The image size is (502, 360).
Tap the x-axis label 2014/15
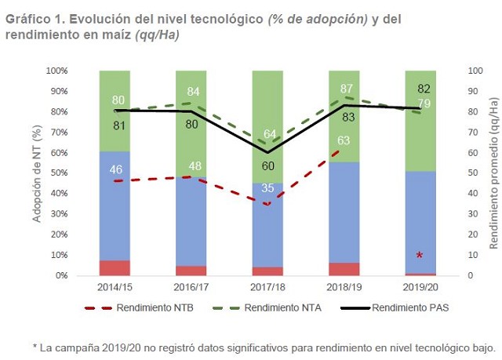pyautogui.click(x=115, y=288)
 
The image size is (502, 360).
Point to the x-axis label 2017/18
pyautogui.click(x=267, y=288)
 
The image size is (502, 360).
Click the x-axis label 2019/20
pyautogui.click(x=420, y=288)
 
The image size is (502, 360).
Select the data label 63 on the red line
pyautogui.click(x=344, y=141)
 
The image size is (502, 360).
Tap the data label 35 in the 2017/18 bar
pyautogui.click(x=267, y=188)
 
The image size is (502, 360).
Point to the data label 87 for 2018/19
pyautogui.click(x=344, y=89)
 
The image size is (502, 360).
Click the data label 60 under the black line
pyautogui.click(x=267, y=165)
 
